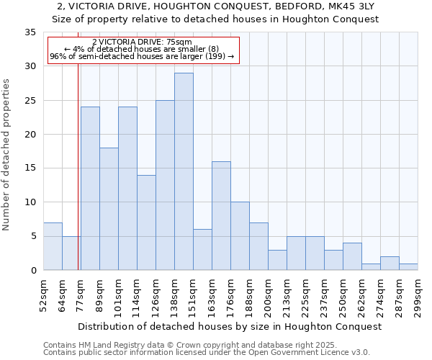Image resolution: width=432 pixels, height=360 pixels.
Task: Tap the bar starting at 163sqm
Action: [221, 215]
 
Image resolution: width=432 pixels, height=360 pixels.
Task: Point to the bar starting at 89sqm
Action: [109, 209]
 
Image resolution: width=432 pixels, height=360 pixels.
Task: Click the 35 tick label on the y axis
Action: [30, 32]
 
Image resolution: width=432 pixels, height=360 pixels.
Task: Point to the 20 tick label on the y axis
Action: [30, 135]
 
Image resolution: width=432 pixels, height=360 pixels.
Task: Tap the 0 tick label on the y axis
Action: [32, 270]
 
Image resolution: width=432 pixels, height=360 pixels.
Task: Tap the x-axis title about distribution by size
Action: [230, 326]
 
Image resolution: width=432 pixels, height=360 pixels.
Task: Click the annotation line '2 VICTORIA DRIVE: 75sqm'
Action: [143, 42]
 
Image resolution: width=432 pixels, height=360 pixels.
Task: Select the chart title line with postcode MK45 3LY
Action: [216, 6]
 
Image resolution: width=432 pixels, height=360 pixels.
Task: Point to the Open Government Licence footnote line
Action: [206, 353]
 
